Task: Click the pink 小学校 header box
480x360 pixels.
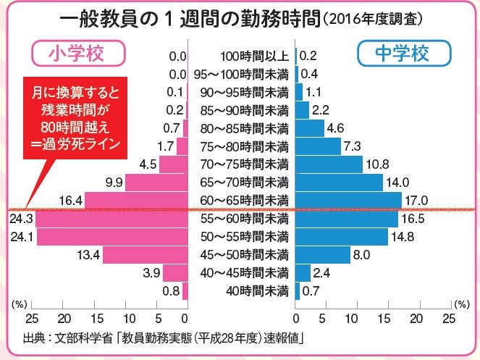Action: tap(78, 54)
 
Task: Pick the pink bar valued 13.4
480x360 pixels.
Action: tap(145, 254)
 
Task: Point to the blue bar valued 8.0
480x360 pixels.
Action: tap(320, 254)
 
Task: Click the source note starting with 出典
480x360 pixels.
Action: tap(162, 338)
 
